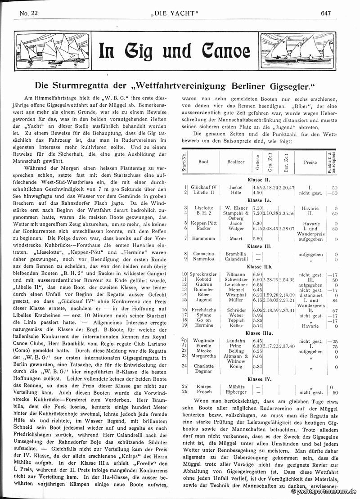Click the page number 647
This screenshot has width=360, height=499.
click(326, 13)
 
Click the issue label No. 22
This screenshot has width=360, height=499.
click(28, 13)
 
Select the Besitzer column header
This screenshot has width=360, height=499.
click(236, 162)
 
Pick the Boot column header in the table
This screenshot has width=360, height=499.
click(203, 162)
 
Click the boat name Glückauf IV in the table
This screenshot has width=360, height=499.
click(204, 187)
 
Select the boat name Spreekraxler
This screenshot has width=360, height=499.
click(204, 274)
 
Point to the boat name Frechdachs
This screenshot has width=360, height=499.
click(204, 310)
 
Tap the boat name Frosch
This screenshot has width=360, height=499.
click(204, 391)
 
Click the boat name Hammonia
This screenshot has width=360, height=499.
click(204, 238)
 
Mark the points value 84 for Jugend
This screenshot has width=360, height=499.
click(334, 300)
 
